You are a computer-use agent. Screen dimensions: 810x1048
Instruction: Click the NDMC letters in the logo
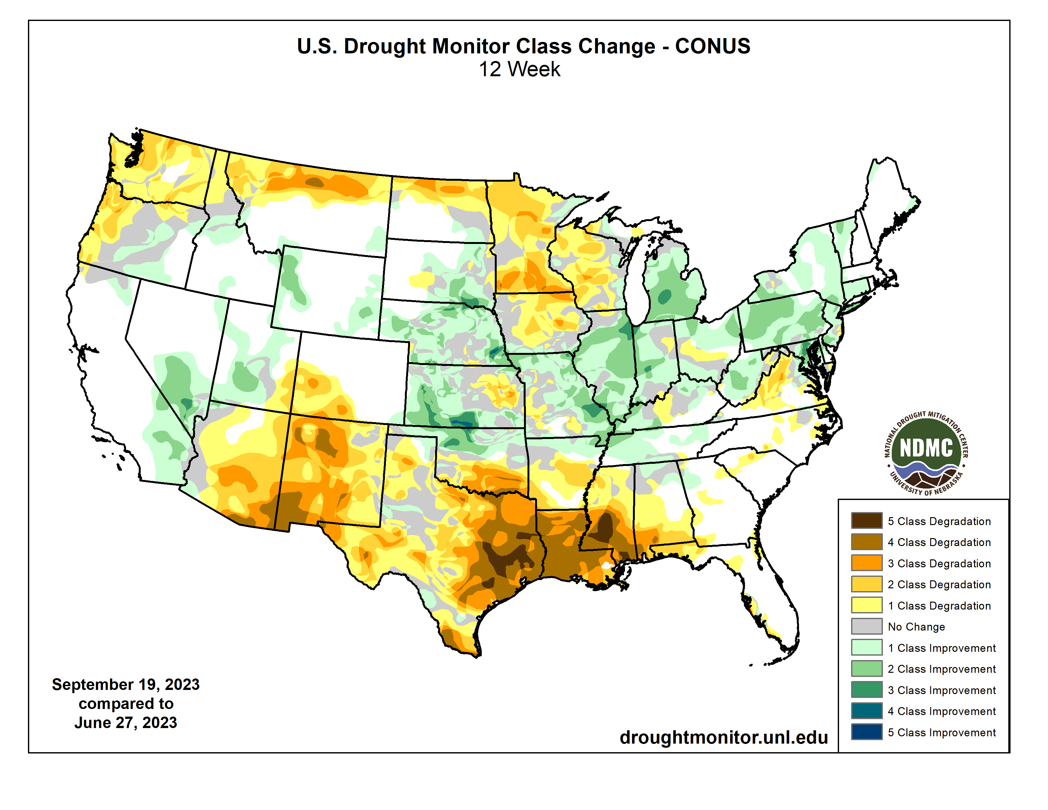[926, 448]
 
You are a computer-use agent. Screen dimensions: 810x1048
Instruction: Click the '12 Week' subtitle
[519, 69]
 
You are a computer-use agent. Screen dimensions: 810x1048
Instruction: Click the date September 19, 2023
[126, 684]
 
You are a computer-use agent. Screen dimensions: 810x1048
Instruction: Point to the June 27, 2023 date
[126, 723]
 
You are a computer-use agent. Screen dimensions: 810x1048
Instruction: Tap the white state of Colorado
[353, 374]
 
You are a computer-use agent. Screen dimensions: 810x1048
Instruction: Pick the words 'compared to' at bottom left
[126, 704]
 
